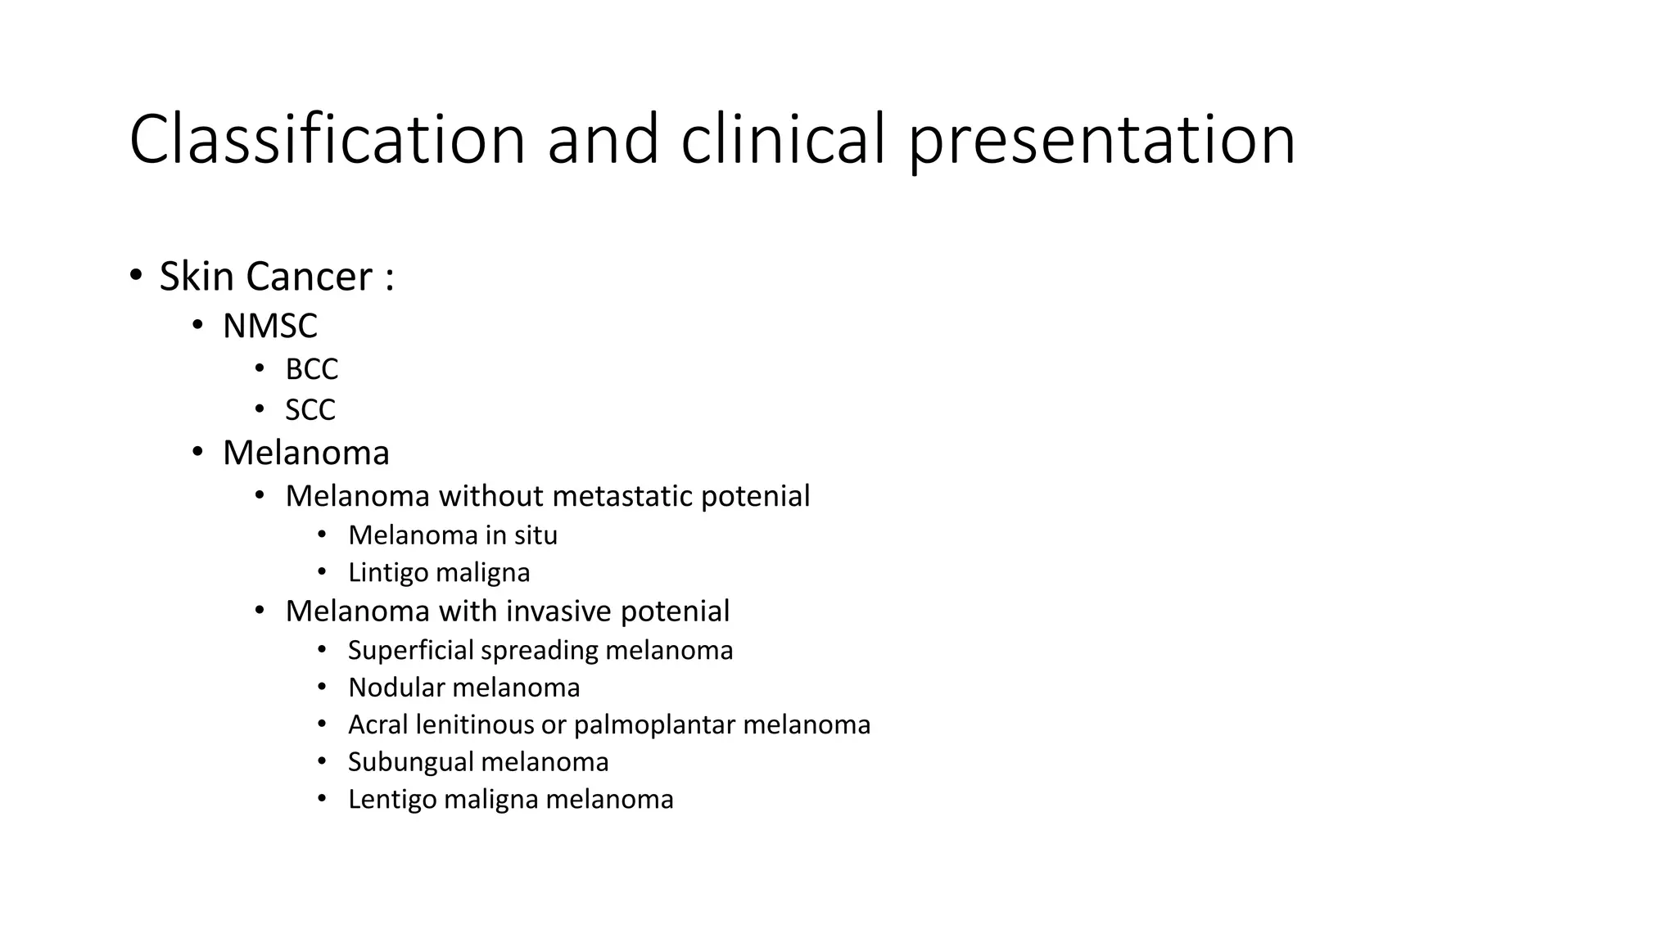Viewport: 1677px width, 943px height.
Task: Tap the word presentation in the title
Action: tap(1101, 141)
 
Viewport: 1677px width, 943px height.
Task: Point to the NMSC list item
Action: tap(269, 326)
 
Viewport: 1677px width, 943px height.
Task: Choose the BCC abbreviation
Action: tap(311, 369)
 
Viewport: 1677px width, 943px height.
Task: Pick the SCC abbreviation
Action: tap(310, 409)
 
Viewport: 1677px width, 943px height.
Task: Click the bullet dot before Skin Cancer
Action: tap(136, 274)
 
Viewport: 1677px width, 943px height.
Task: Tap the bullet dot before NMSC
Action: tap(197, 325)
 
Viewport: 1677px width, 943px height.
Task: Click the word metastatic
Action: tap(622, 496)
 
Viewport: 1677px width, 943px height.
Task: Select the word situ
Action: tap(536, 535)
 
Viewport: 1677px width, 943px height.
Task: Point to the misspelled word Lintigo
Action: tap(387, 572)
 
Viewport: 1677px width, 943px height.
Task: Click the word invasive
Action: tap(558, 611)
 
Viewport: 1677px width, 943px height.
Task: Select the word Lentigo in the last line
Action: tap(391, 800)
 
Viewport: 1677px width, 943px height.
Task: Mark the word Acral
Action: tap(377, 724)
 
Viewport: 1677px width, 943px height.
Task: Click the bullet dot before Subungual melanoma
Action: tap(322, 761)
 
